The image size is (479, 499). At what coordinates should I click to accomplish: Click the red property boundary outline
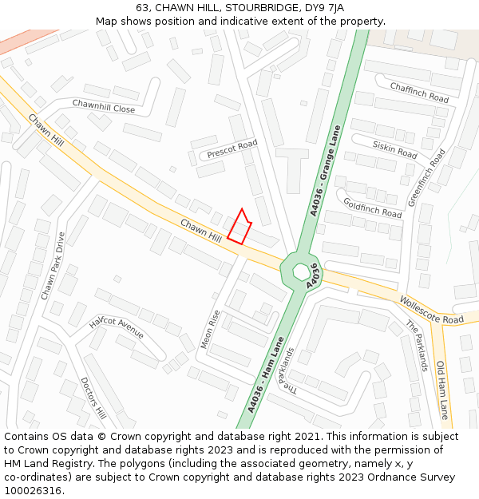[x=239, y=226]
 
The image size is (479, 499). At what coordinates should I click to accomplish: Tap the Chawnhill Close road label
[x=104, y=106]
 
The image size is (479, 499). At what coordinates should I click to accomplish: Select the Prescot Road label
[x=232, y=149]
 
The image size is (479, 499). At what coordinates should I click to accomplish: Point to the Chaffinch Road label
[x=419, y=92]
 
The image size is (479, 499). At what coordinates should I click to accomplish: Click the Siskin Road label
[x=395, y=149]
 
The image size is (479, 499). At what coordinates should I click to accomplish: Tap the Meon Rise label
[x=210, y=330]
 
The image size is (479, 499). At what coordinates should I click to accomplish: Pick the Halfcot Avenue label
[x=117, y=326]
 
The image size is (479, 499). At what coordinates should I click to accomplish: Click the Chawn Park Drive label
[x=53, y=266]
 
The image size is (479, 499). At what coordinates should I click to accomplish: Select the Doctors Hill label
[x=93, y=398]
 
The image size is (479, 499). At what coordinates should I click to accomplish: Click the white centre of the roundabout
[x=301, y=271]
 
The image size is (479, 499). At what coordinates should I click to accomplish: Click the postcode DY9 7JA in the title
[x=327, y=7]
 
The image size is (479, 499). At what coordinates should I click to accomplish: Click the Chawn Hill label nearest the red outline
[x=201, y=232]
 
